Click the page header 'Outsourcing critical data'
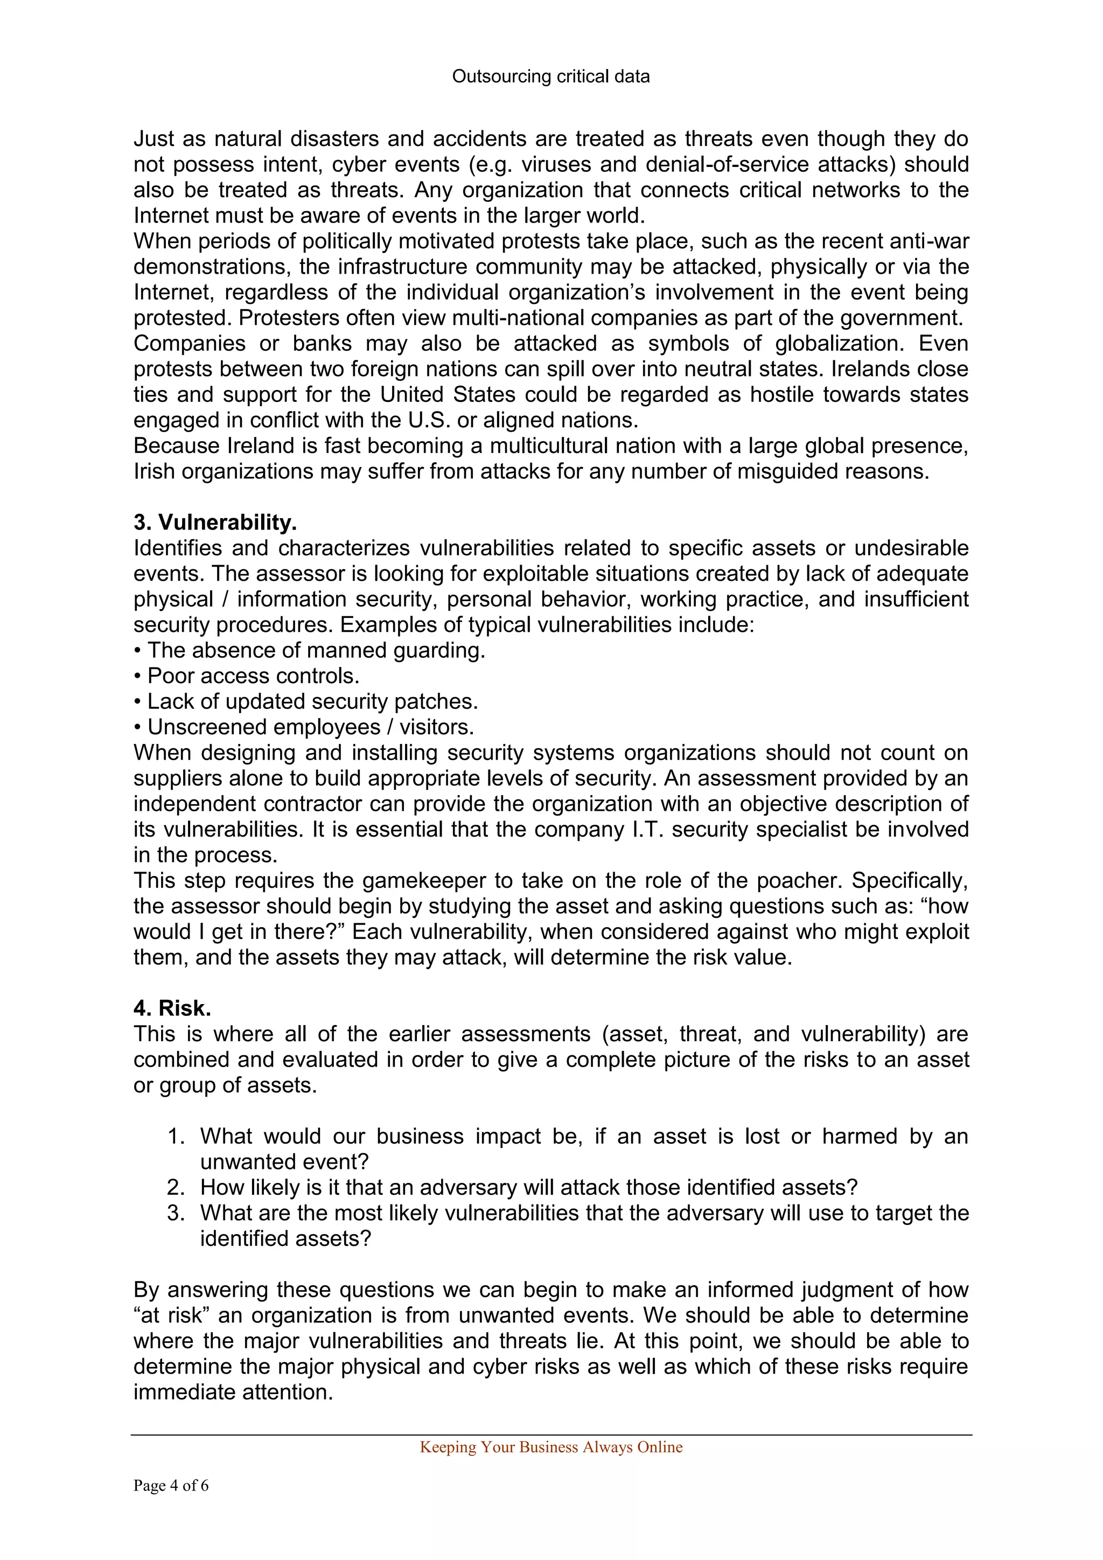point(551,77)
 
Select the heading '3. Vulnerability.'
point(215,523)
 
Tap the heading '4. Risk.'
point(172,1008)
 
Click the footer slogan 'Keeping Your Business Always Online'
point(551,1447)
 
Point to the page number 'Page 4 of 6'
point(171,1486)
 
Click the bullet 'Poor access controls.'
point(253,676)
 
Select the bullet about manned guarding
point(316,650)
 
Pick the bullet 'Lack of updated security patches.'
point(312,702)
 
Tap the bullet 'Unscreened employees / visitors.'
point(310,727)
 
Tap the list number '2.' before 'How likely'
point(176,1188)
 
